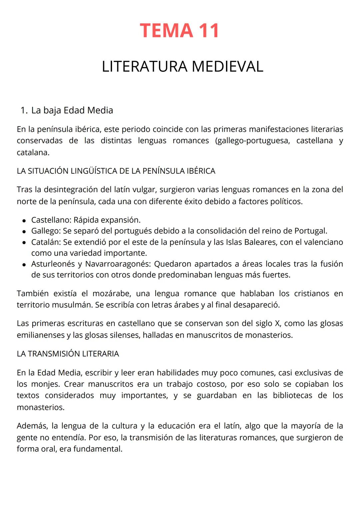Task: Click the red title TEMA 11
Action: (179, 31)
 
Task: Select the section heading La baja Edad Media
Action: (72, 110)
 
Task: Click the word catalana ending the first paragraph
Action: (33, 153)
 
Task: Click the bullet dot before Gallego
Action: (24, 231)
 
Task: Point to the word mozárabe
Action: (109, 294)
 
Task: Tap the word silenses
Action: (125, 335)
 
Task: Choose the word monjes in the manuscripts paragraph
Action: (45, 384)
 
